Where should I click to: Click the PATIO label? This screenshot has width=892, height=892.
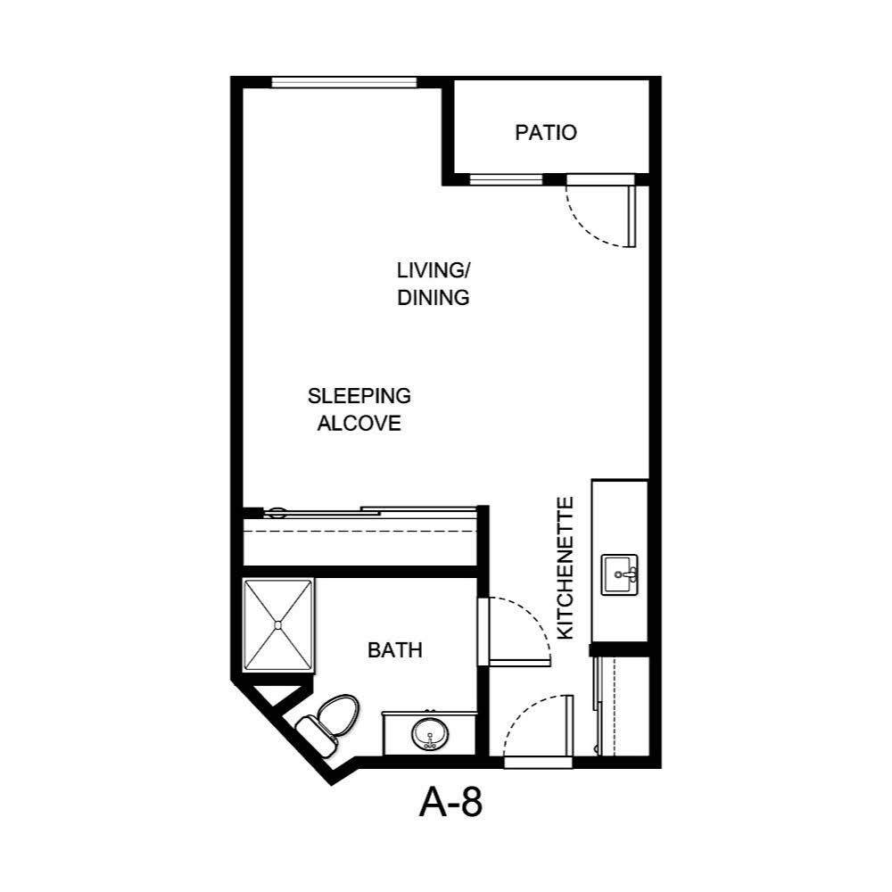tap(546, 133)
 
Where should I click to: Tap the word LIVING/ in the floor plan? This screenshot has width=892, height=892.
tap(433, 269)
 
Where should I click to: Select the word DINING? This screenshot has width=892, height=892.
tap(434, 298)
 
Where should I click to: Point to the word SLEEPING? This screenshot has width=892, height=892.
tap(359, 395)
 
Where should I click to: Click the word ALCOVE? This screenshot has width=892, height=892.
tap(359, 424)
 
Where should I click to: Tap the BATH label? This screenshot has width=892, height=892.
tap(394, 651)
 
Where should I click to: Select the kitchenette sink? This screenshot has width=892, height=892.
tap(620, 574)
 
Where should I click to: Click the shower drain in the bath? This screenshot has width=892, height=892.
tap(279, 624)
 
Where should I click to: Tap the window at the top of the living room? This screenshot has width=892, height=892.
tap(344, 83)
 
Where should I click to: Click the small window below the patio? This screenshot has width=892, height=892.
tap(506, 179)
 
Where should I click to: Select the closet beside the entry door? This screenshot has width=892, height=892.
tap(623, 705)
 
